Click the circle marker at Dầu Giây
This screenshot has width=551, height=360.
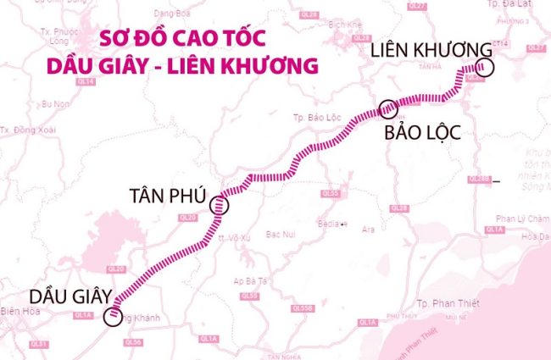[x=113, y=318]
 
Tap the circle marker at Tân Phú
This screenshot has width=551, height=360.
[x=220, y=204]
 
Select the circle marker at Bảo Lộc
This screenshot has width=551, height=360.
[x=388, y=108]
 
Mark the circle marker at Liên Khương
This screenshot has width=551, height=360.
[x=484, y=69]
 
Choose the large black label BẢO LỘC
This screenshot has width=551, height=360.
[x=424, y=133]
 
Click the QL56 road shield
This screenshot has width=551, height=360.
[x=132, y=342]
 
